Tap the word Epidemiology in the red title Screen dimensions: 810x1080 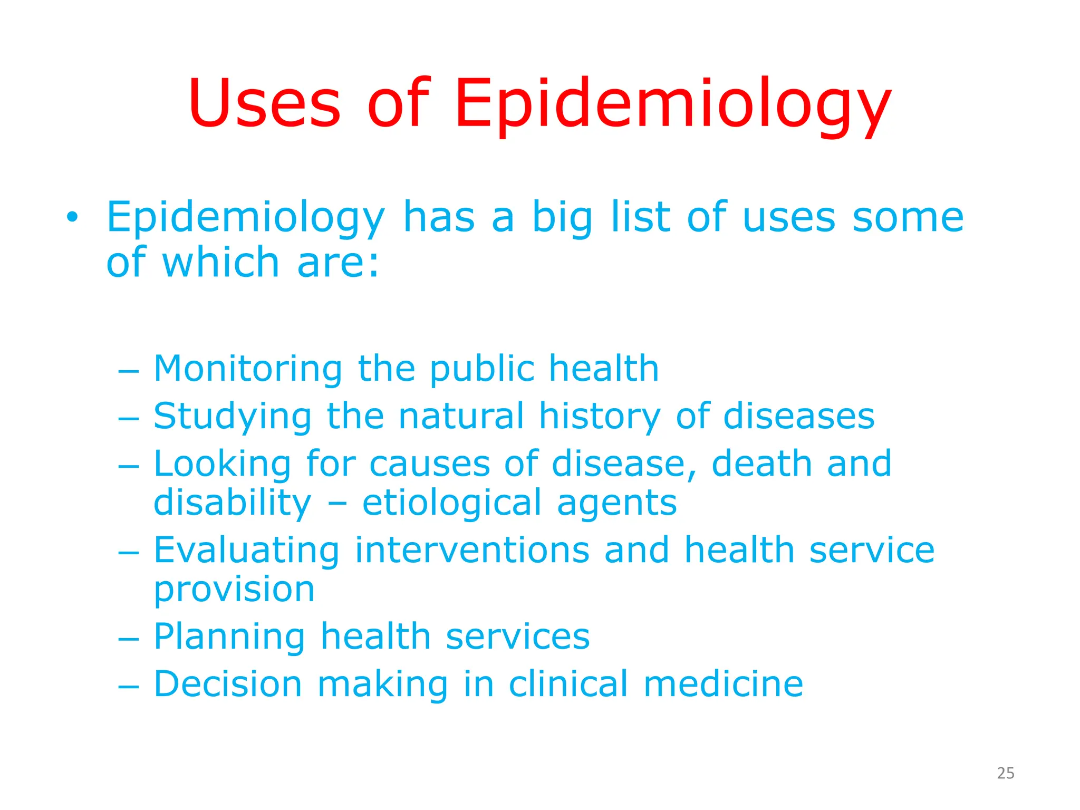[672, 105]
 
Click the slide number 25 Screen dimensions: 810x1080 [1006, 773]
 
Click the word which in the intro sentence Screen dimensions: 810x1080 [220, 262]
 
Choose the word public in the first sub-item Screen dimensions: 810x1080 [482, 369]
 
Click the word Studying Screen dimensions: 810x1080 [233, 417]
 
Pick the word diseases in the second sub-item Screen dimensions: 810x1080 [798, 416]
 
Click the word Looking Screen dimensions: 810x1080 [222, 465]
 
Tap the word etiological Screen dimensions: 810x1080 [452, 504]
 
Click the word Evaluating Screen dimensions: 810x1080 [246, 551]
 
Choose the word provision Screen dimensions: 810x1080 [234, 590]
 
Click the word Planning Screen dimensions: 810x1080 [229, 638]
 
